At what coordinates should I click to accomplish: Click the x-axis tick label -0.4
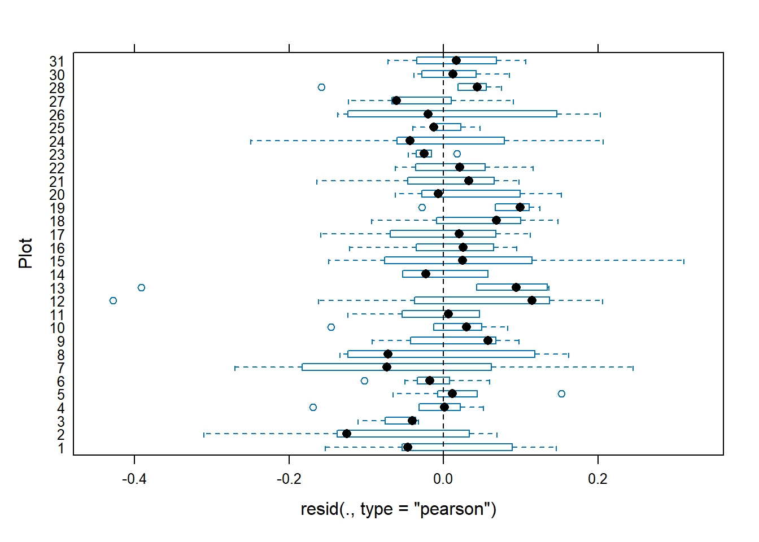point(134,479)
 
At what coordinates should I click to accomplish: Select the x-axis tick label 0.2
point(597,479)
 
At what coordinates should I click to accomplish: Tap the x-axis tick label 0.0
point(443,479)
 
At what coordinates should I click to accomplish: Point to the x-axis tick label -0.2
point(289,479)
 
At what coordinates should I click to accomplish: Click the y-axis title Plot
point(25,253)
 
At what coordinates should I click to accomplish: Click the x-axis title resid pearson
point(398,509)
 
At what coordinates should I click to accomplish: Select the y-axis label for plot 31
point(57,62)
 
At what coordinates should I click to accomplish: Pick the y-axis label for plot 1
point(61,449)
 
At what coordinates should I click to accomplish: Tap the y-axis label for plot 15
point(57,261)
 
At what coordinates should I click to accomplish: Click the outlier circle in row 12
point(113,301)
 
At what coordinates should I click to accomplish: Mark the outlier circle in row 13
point(141,288)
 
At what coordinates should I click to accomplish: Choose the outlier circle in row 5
point(561,394)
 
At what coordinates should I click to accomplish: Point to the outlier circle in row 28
point(321,88)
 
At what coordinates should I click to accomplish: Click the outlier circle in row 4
point(313,408)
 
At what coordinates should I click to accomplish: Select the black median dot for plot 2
point(347,434)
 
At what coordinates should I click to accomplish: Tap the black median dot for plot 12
point(532,300)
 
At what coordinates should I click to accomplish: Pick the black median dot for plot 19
point(520,207)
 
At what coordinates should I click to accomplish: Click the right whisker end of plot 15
point(684,261)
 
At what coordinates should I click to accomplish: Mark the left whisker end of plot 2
point(204,434)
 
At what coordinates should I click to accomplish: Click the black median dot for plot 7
point(387,367)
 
